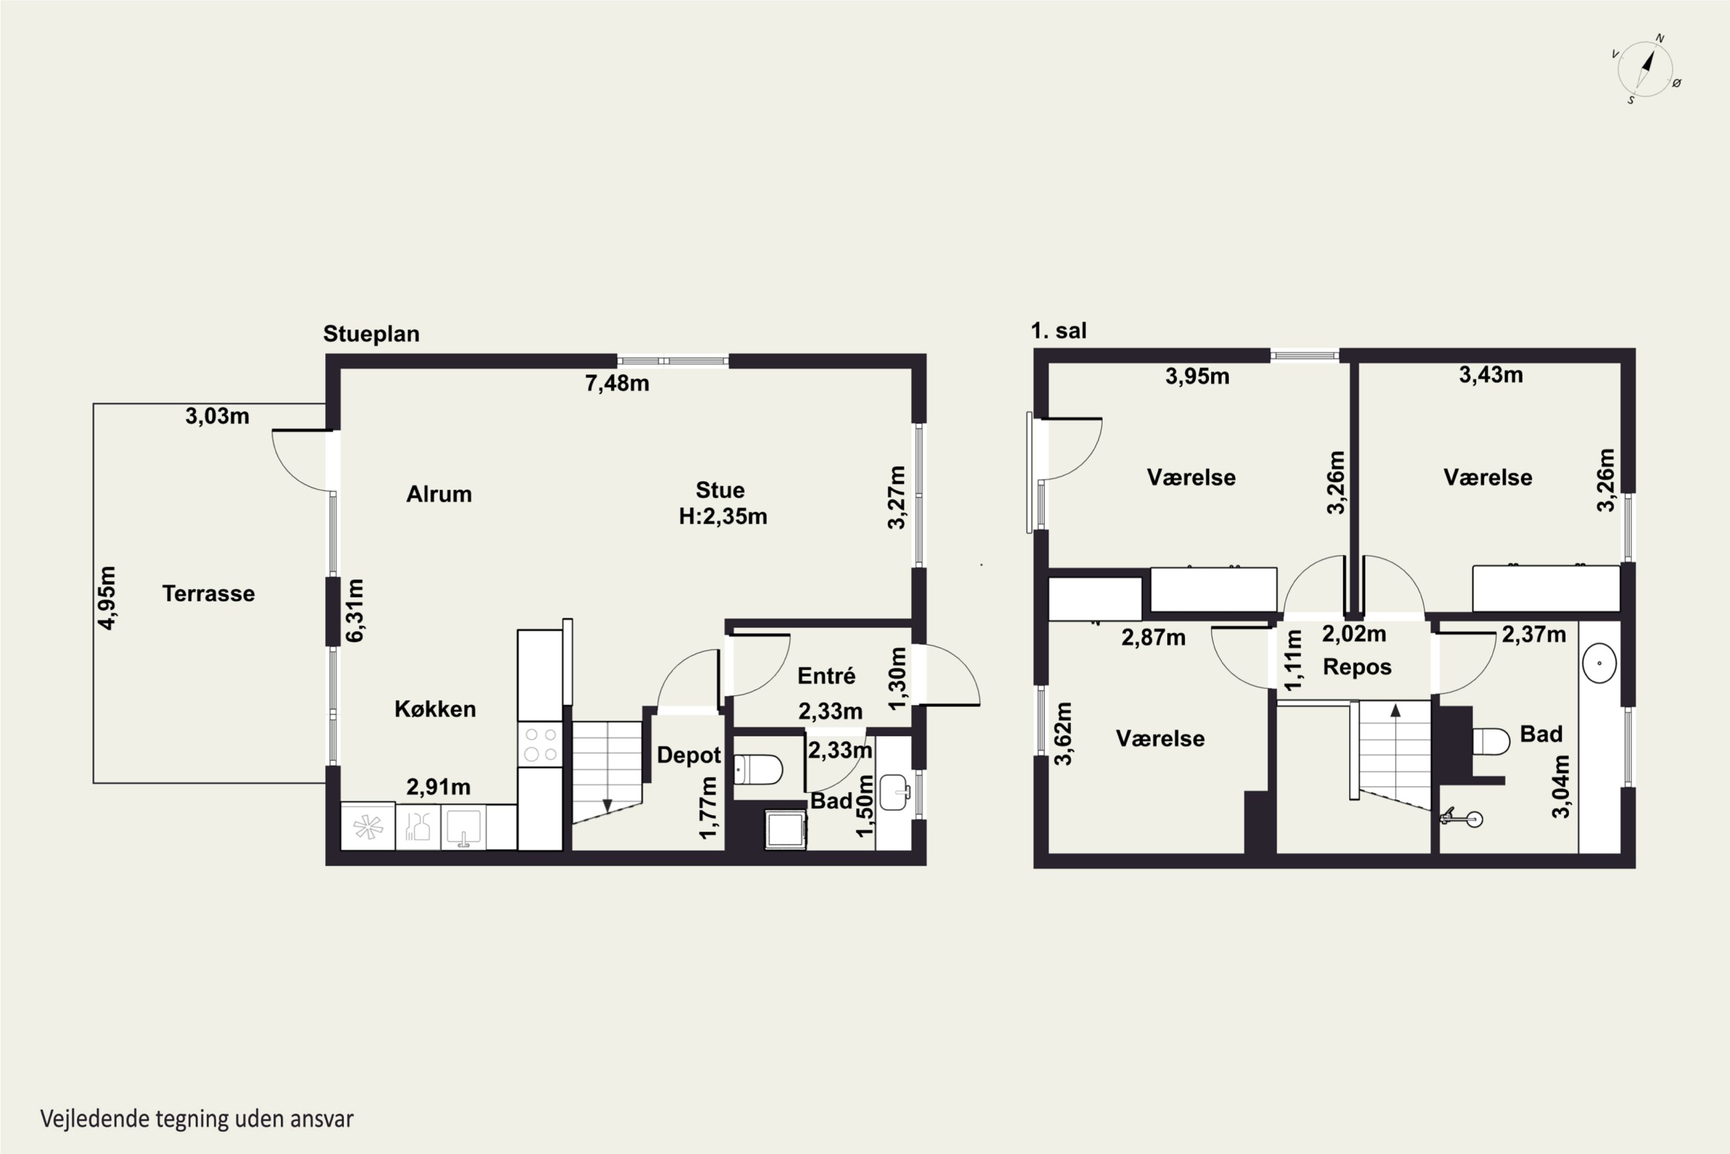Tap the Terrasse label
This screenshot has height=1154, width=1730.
click(x=208, y=593)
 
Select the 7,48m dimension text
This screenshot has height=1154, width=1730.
click(x=617, y=384)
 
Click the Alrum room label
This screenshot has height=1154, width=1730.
click(x=439, y=494)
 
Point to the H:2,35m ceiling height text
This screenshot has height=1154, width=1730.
click(x=723, y=516)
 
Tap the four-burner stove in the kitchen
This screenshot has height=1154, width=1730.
click(x=540, y=744)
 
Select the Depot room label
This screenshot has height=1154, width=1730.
click(x=689, y=755)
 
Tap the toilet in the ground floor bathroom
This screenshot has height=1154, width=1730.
click(x=758, y=769)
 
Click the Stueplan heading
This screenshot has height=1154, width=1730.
click(x=371, y=334)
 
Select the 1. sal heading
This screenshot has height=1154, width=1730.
click(x=1058, y=331)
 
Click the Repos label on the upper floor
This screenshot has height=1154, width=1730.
click(x=1357, y=667)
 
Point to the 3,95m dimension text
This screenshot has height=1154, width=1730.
click(x=1198, y=376)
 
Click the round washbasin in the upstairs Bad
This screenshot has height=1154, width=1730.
click(x=1599, y=662)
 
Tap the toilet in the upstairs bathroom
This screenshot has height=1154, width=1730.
click(x=1491, y=741)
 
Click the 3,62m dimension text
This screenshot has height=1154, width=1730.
click(x=1063, y=734)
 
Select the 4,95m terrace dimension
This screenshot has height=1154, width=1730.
click(x=107, y=598)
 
